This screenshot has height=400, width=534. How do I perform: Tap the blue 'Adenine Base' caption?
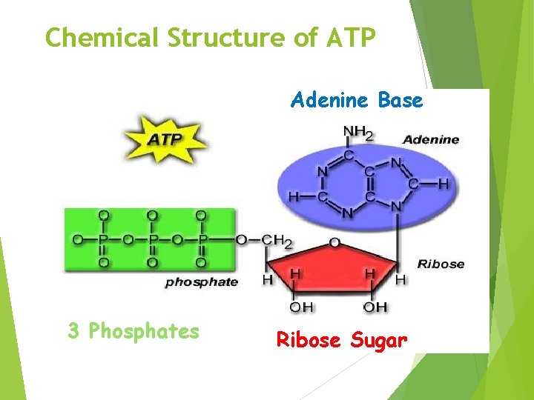357,100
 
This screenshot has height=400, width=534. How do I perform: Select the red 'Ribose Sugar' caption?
342,341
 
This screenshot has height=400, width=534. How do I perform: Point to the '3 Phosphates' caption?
133,331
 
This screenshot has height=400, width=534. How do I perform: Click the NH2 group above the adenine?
357,134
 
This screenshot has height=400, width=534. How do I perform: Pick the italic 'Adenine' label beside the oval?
430,139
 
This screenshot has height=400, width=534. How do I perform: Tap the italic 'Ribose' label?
441,264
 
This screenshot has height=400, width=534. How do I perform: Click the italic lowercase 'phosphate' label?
201,282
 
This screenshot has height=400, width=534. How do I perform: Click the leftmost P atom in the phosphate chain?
103,239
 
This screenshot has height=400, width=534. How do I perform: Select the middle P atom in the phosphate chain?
152,239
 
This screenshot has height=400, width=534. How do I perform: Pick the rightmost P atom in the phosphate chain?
200,239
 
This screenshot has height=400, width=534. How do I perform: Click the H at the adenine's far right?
443,183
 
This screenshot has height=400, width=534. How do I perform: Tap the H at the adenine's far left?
292,197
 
